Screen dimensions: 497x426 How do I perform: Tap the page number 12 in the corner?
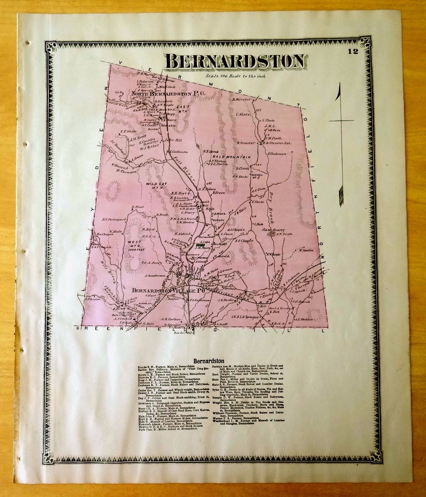pos(353,51)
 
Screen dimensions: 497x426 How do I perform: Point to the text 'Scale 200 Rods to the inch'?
pos(235,76)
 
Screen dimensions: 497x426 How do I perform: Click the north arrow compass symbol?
pos(341,143)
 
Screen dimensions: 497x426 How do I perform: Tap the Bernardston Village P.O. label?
pos(168,291)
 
